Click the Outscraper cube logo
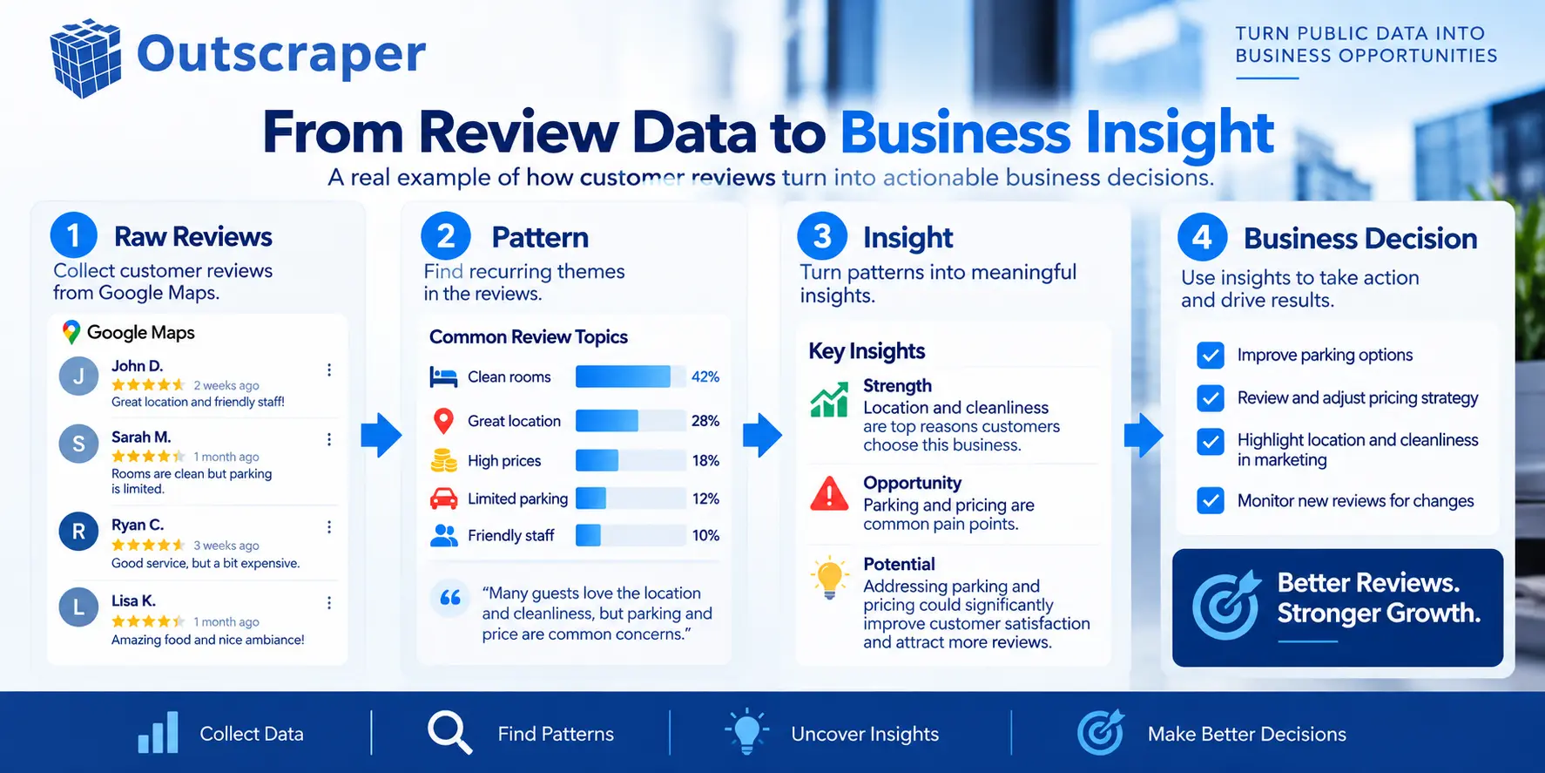tap(85, 58)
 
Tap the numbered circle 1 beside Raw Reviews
tap(74, 236)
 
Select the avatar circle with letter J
tap(78, 376)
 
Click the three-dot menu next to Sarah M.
tap(329, 439)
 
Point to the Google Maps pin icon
tap(71, 332)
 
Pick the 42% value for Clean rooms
tap(705, 376)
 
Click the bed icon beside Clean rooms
tap(443, 377)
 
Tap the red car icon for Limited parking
tap(444, 498)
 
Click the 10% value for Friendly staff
tap(705, 535)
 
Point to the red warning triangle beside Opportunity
tap(829, 493)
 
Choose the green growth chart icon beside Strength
tap(829, 400)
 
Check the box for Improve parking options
tap(1211, 356)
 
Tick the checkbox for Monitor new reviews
tap(1211, 501)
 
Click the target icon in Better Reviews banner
tap(1226, 604)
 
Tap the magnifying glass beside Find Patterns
tap(449, 733)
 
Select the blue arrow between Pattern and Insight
tap(763, 435)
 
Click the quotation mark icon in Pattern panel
tap(450, 598)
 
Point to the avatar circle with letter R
tap(78, 532)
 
